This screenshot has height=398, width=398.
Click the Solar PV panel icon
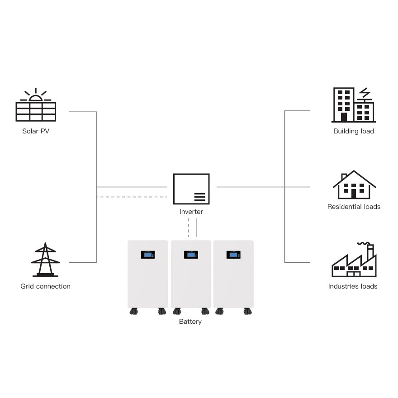click(36, 111)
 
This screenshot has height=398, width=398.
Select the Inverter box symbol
click(191, 189)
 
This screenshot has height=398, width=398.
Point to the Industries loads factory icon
click(353, 262)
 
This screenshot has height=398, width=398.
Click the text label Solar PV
click(35, 132)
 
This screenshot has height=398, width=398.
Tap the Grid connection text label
click(45, 286)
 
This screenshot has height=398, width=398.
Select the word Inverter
click(191, 212)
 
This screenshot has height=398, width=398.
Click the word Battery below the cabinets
click(190, 322)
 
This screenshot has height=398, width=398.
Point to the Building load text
click(354, 132)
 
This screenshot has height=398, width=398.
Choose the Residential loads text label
click(354, 207)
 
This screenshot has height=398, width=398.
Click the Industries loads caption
click(353, 286)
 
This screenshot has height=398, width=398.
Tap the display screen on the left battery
click(148, 255)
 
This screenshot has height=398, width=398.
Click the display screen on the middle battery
click(190, 255)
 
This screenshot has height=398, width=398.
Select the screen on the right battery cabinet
click(233, 255)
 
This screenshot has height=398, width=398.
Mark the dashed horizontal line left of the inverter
click(131, 197)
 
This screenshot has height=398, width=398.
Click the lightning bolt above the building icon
click(364, 93)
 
